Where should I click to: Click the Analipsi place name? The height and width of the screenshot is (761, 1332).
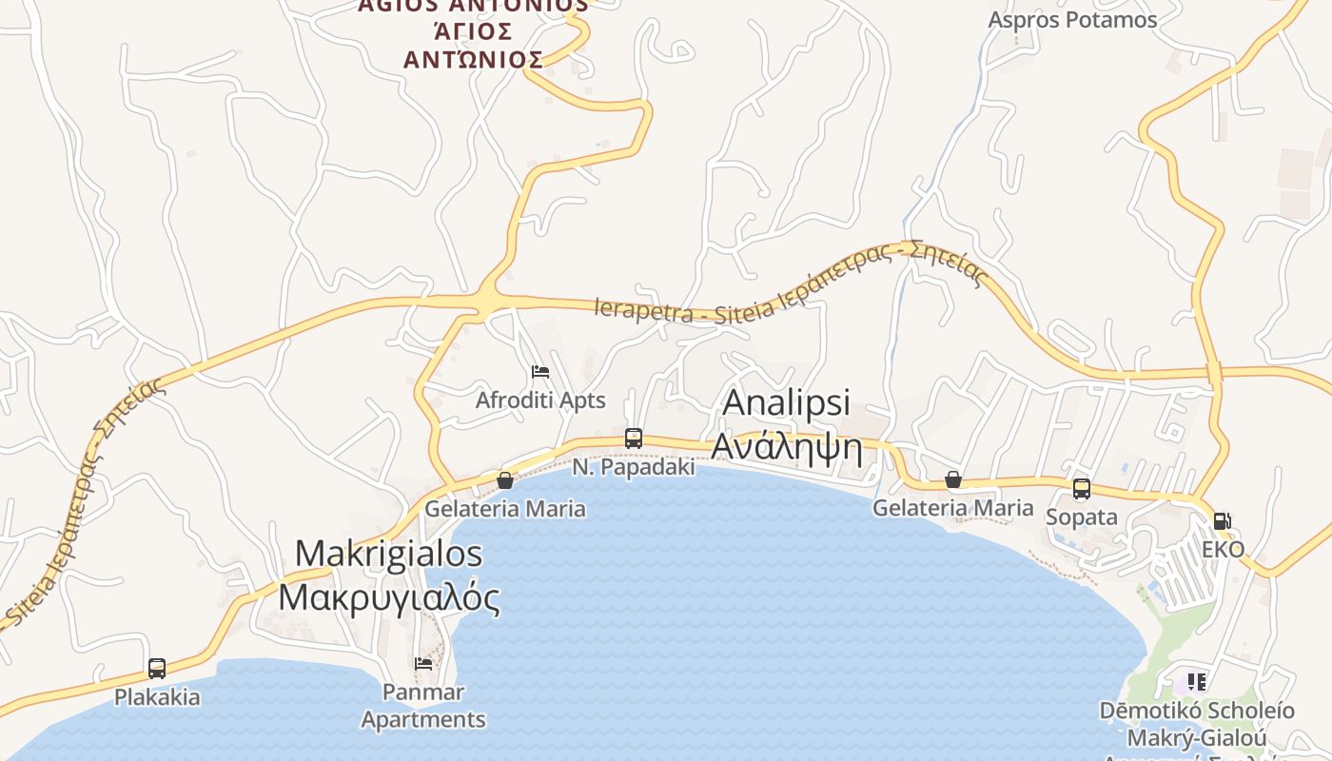tap(786, 402)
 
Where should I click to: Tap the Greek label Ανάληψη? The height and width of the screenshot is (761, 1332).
tap(787, 446)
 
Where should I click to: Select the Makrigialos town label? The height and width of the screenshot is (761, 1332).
tap(388, 554)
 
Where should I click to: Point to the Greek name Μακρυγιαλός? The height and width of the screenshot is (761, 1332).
tap(388, 597)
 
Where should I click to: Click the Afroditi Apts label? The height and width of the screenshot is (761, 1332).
tap(540, 400)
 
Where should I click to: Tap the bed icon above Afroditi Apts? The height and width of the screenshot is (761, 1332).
tap(540, 372)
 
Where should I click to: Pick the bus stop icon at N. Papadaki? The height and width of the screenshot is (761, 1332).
tap(634, 439)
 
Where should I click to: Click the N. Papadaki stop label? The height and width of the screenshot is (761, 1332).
tap(634, 468)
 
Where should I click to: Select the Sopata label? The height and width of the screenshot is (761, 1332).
tap(1082, 517)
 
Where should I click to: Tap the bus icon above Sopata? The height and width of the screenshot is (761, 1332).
tap(1082, 489)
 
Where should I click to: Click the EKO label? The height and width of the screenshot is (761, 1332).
tap(1223, 550)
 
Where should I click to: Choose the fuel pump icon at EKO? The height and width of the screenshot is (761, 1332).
tap(1223, 521)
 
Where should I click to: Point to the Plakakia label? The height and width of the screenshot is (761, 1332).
tap(157, 697)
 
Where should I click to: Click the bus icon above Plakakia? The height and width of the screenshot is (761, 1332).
tap(157, 669)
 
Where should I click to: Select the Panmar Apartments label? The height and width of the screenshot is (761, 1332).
tap(423, 706)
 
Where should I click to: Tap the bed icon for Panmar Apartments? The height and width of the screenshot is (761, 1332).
tap(423, 663)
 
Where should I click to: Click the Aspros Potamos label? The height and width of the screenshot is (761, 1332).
tap(1072, 20)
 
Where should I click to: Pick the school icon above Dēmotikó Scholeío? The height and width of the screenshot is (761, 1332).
tap(1196, 682)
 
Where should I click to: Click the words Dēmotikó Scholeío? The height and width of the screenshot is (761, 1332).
tap(1197, 711)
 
